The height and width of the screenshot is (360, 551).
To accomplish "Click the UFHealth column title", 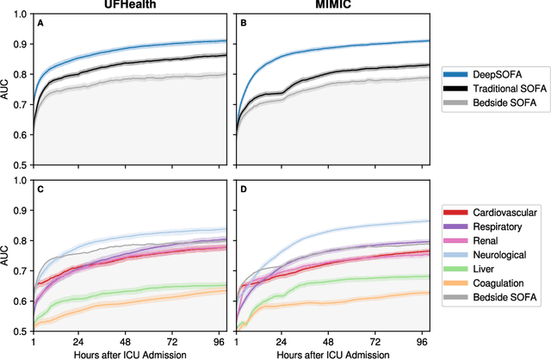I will [129, 7].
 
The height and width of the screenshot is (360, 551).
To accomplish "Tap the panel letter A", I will [40, 23].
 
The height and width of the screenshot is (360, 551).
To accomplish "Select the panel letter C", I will [40, 189].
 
